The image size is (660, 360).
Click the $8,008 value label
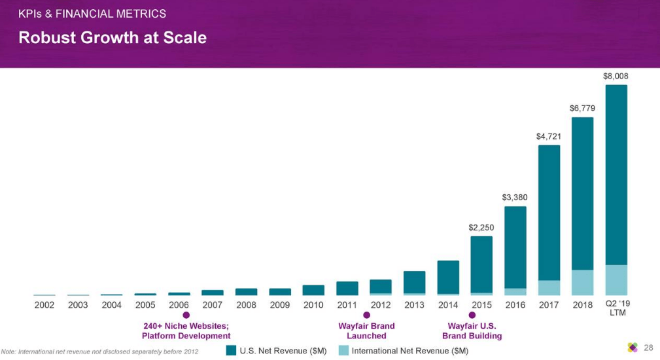pyautogui.click(x=616, y=76)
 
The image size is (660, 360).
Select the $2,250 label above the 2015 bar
pyautogui.click(x=481, y=227)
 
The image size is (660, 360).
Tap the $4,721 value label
pyautogui.click(x=549, y=136)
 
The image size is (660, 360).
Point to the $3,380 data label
pyautogui.click(x=515, y=197)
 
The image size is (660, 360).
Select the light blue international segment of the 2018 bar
pyautogui.click(x=582, y=282)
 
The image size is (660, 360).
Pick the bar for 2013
pyautogui.click(x=414, y=281)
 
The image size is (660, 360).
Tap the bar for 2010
pyautogui.click(x=313, y=290)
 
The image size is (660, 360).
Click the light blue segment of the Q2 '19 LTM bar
pyautogui.click(x=616, y=279)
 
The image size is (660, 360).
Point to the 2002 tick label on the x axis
pyautogui.click(x=44, y=305)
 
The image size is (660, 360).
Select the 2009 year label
pyautogui.click(x=279, y=305)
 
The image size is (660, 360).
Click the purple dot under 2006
pyautogui.click(x=186, y=315)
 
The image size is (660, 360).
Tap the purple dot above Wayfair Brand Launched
pyautogui.click(x=366, y=315)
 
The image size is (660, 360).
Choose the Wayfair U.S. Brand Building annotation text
pyautogui.click(x=472, y=331)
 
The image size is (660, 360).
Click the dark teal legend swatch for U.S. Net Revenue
pyautogui.click(x=231, y=350)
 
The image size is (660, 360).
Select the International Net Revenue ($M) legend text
pyautogui.click(x=409, y=351)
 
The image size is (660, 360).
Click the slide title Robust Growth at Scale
pyautogui.click(x=113, y=38)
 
